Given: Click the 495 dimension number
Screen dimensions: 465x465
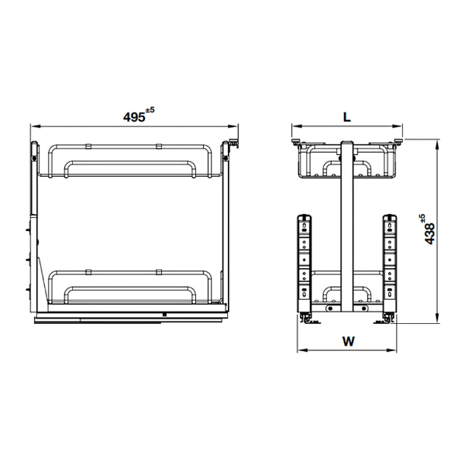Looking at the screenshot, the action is click(x=134, y=117).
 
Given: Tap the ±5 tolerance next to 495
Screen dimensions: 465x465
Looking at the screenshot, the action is click(x=150, y=110).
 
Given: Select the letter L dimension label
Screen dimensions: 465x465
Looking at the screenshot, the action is click(x=347, y=117).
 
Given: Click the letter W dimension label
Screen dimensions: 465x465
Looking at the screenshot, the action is click(x=349, y=341).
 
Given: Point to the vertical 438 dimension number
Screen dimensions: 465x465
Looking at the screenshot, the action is click(x=429, y=233).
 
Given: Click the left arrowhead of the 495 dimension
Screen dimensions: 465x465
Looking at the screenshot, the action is click(x=35, y=126).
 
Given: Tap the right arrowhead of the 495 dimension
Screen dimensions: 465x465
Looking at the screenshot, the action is click(x=233, y=126).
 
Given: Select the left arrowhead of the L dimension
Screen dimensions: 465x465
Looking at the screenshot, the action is click(x=297, y=126).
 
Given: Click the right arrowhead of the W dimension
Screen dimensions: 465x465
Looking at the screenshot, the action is click(x=391, y=350).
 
